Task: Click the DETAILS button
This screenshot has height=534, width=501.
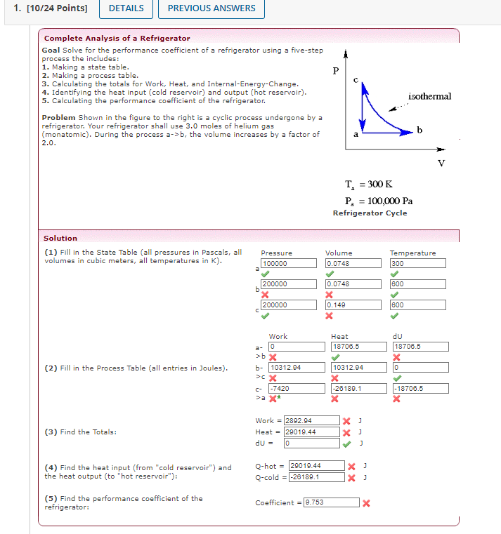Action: tap(126, 8)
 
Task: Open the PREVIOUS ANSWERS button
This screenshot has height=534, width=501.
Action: tap(212, 8)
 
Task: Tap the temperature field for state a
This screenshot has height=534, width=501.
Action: tap(417, 264)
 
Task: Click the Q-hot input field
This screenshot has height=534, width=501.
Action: tap(316, 465)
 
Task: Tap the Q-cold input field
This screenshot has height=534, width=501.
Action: tap(316, 477)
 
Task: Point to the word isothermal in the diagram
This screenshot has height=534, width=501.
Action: tap(429, 96)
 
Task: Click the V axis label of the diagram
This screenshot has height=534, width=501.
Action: tap(441, 162)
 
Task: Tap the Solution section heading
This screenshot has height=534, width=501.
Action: tap(60, 239)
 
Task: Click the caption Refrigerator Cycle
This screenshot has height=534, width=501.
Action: tap(370, 213)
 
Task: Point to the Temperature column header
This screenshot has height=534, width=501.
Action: tap(412, 253)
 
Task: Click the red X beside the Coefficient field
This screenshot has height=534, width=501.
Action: tap(366, 503)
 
